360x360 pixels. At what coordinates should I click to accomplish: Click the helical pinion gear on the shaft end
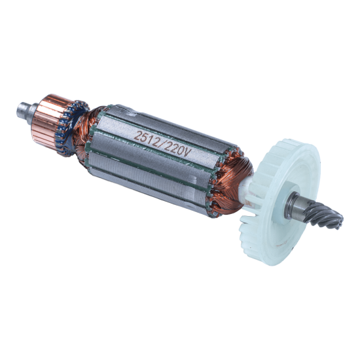pyautogui.click(x=325, y=215)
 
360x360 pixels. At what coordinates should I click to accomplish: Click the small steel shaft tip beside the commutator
pyautogui.click(x=24, y=110)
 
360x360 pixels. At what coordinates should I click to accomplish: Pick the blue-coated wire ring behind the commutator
pyautogui.click(x=71, y=128)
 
